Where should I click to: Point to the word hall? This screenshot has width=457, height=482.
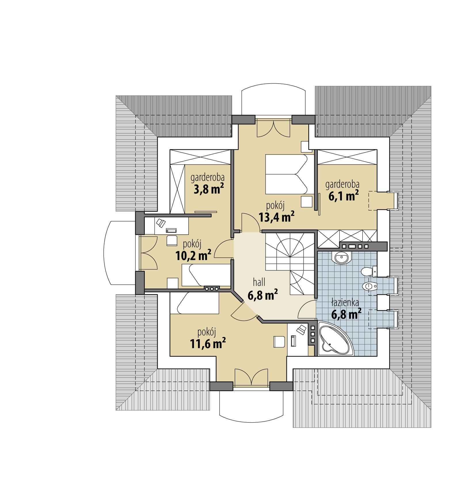tap(259, 282)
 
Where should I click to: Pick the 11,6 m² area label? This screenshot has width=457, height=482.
tap(208, 343)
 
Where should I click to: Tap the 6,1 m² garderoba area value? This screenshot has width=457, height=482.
tap(343, 196)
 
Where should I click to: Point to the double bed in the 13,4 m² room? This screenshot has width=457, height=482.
tap(286, 174)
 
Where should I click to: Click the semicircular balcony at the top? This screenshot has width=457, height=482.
tap(273, 102)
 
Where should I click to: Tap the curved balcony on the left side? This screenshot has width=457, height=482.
tap(119, 253)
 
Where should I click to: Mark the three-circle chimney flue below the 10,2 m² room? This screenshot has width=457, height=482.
tap(212, 289)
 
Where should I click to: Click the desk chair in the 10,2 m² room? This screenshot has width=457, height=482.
tap(172, 240)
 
